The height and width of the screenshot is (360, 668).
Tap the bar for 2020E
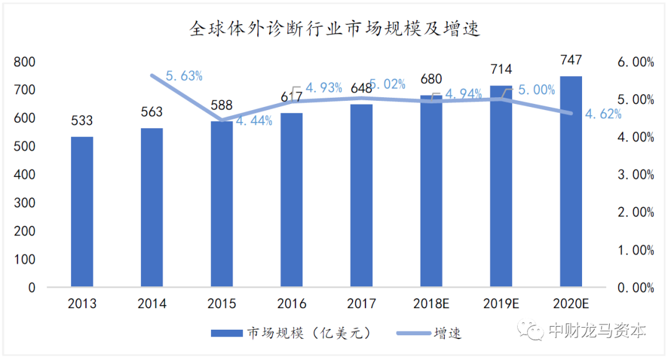click(x=570, y=182)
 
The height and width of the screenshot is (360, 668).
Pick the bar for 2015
click(x=221, y=204)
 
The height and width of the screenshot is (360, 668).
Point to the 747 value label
click(x=570, y=61)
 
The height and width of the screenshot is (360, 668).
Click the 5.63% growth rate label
click(x=184, y=76)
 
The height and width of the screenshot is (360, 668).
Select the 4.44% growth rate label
click(x=254, y=121)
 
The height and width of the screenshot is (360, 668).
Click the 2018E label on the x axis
click(x=431, y=304)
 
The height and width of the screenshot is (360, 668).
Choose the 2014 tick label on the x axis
click(x=152, y=304)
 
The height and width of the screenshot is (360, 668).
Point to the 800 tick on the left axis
click(x=25, y=62)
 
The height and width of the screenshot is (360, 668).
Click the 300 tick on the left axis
click(x=25, y=203)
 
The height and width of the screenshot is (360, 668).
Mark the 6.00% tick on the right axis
click(x=636, y=62)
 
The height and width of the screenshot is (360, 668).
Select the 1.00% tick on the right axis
click(x=636, y=250)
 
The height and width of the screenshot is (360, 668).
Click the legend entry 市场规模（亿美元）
click(x=291, y=333)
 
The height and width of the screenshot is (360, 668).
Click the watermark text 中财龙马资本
click(x=597, y=330)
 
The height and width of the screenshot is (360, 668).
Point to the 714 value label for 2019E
click(x=501, y=69)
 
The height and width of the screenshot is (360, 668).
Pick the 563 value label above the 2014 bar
click(x=152, y=112)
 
